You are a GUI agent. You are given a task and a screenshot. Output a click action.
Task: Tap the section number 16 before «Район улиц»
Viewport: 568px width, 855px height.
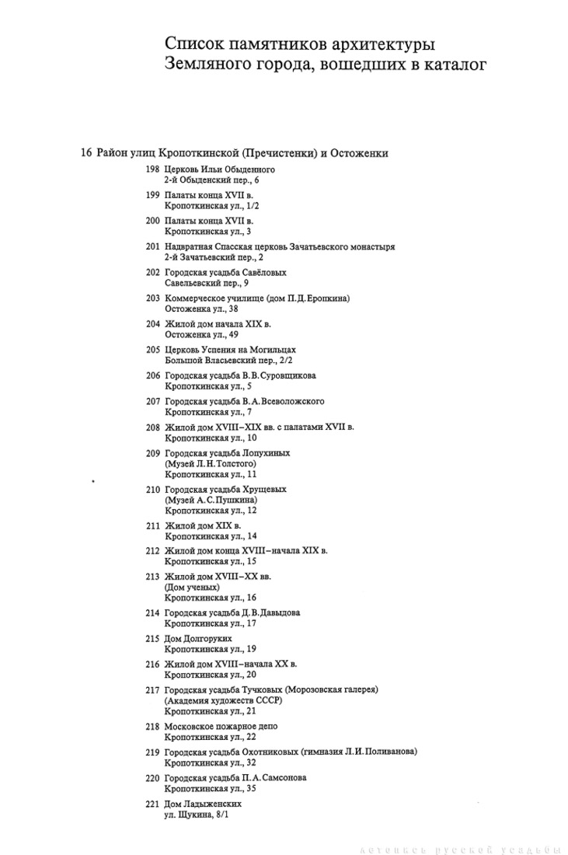tap(86, 152)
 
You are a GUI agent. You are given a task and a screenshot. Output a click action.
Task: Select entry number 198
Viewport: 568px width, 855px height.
tap(152, 169)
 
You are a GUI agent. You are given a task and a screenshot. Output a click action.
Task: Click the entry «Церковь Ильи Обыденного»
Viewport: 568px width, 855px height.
tap(220, 169)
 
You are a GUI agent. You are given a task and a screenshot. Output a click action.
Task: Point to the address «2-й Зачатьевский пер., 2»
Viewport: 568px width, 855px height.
tap(214, 257)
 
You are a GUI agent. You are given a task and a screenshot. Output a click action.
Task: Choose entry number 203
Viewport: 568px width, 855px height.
tap(152, 298)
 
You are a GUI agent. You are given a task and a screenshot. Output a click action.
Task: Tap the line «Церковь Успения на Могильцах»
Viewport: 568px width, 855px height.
tap(230, 351)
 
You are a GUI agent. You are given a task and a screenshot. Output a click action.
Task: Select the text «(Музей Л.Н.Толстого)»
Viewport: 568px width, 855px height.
tap(210, 464)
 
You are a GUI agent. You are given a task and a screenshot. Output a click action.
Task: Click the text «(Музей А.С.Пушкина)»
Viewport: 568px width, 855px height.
tap(211, 501)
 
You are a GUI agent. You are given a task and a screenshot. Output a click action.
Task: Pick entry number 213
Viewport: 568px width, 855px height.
tap(152, 576)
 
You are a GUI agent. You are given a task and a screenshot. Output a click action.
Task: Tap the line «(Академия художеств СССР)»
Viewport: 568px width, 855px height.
tap(222, 700)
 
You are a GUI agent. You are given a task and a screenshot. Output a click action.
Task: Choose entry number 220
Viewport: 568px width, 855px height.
tap(152, 778)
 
